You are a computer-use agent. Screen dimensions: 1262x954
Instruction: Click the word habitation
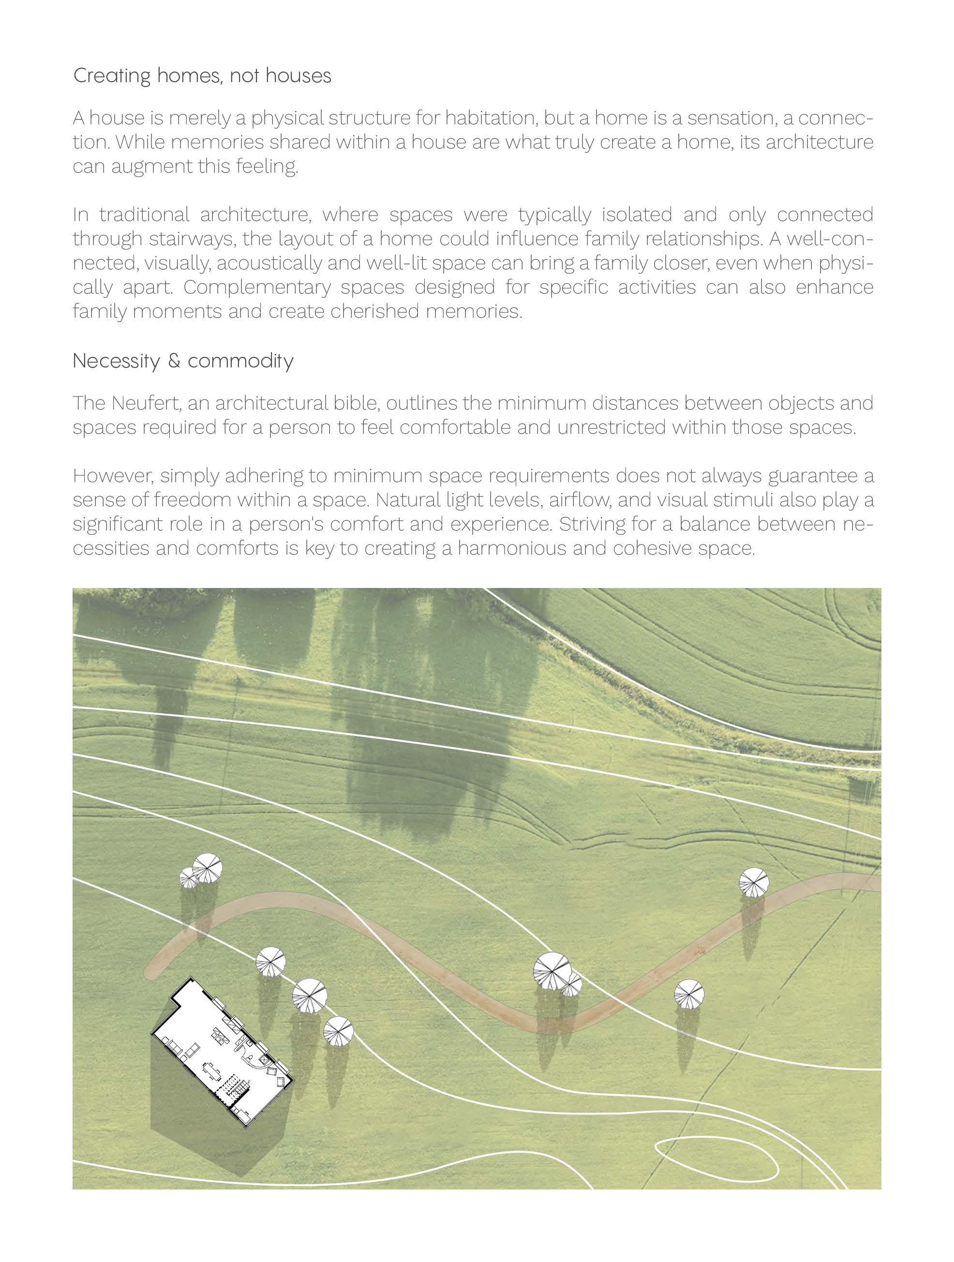(x=491, y=118)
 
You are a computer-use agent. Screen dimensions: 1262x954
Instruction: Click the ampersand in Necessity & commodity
(x=174, y=361)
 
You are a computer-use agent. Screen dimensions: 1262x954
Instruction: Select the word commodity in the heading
(x=240, y=361)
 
